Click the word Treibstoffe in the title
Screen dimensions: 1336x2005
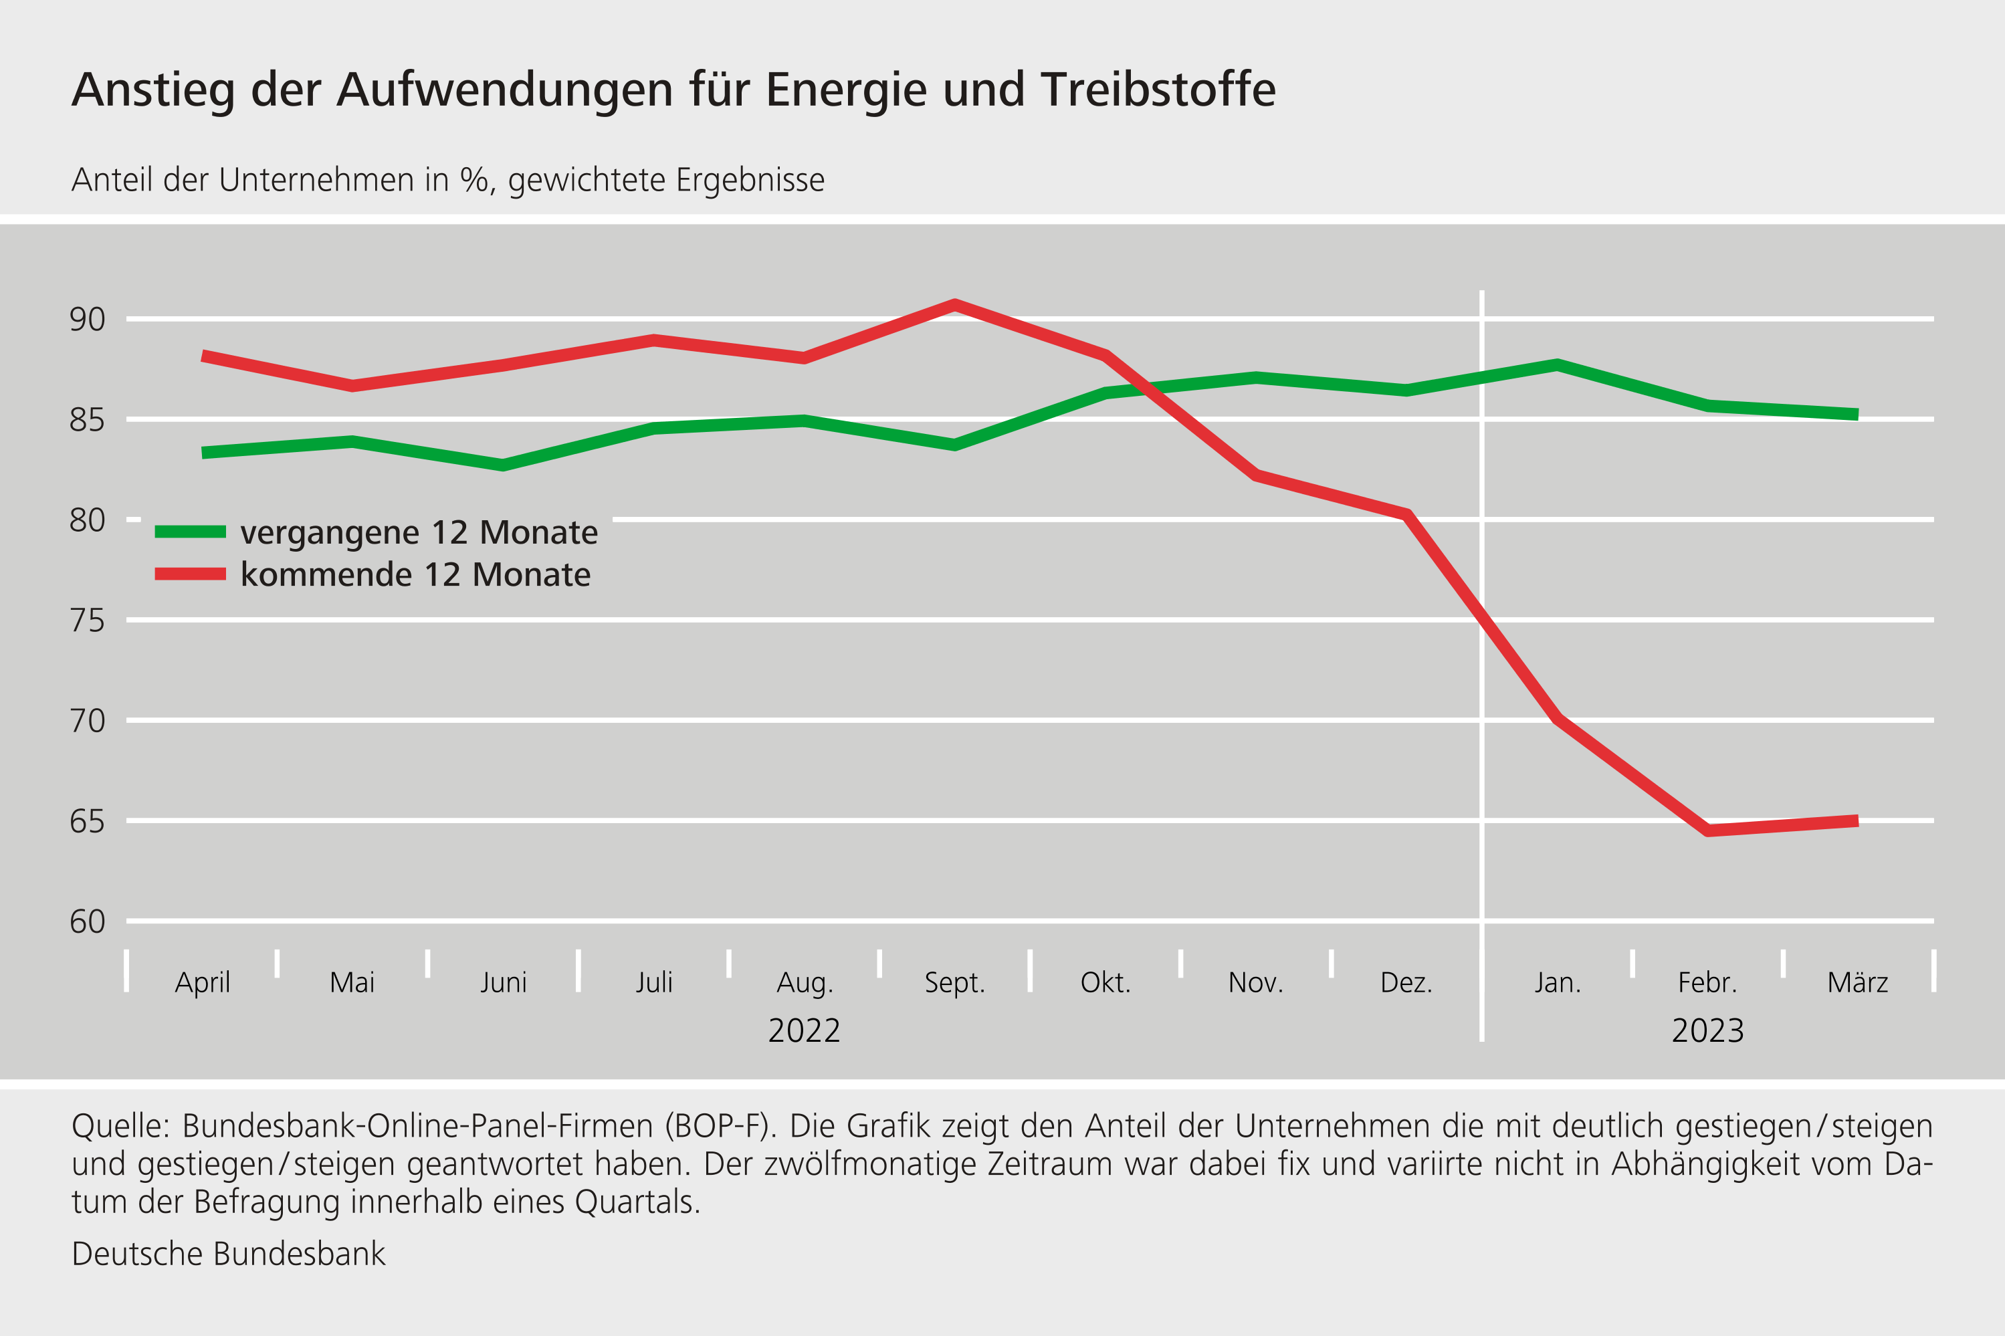(1158, 90)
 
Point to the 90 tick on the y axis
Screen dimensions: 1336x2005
(87, 320)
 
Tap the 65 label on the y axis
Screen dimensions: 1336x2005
(87, 821)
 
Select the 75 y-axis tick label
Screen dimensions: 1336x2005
(87, 621)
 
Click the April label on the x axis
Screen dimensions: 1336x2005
(202, 982)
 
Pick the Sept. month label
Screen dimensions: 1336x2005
(954, 982)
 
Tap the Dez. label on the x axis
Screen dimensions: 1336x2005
(1406, 982)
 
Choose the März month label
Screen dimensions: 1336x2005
(1858, 982)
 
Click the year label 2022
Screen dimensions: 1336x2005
(803, 1031)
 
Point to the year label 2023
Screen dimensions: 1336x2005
(1707, 1031)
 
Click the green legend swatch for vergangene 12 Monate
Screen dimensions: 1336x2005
(190, 532)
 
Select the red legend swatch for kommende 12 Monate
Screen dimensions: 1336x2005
(190, 574)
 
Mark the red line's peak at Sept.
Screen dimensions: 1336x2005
(954, 304)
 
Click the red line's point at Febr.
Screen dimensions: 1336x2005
(1707, 830)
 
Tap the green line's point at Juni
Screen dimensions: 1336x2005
(503, 464)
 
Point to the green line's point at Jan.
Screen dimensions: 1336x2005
(1557, 364)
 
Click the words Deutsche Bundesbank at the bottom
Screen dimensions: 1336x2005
(228, 1254)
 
